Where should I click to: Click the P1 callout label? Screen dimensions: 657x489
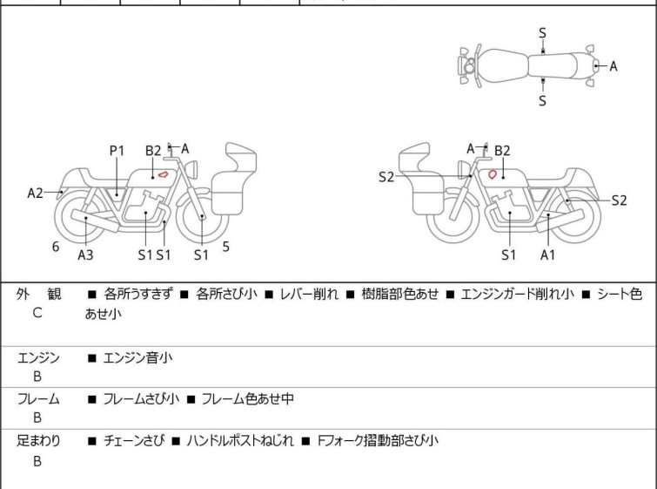(117, 151)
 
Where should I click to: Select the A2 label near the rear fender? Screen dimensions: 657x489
(35, 194)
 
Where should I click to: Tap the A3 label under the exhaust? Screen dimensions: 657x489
(85, 255)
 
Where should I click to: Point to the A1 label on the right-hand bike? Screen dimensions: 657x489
(547, 255)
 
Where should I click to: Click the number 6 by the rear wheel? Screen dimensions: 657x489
(56, 247)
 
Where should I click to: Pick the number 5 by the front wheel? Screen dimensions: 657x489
(226, 247)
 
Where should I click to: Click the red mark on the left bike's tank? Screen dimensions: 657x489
(163, 173)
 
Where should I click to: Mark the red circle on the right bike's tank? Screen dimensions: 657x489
(493, 173)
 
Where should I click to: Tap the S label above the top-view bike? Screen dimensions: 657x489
(542, 33)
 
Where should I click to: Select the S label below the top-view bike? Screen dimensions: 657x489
(542, 101)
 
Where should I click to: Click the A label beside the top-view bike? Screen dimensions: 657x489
(613, 66)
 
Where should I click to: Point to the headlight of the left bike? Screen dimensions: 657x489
(192, 170)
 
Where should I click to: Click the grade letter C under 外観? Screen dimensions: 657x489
(37, 313)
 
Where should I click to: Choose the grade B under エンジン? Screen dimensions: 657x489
(37, 377)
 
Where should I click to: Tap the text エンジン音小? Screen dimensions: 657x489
(137, 358)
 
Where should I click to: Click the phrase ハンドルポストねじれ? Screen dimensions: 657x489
(240, 441)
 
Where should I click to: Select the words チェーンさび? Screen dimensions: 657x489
(134, 441)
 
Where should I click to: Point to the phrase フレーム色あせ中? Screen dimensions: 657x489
(248, 398)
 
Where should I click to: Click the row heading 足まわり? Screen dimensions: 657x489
(38, 441)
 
